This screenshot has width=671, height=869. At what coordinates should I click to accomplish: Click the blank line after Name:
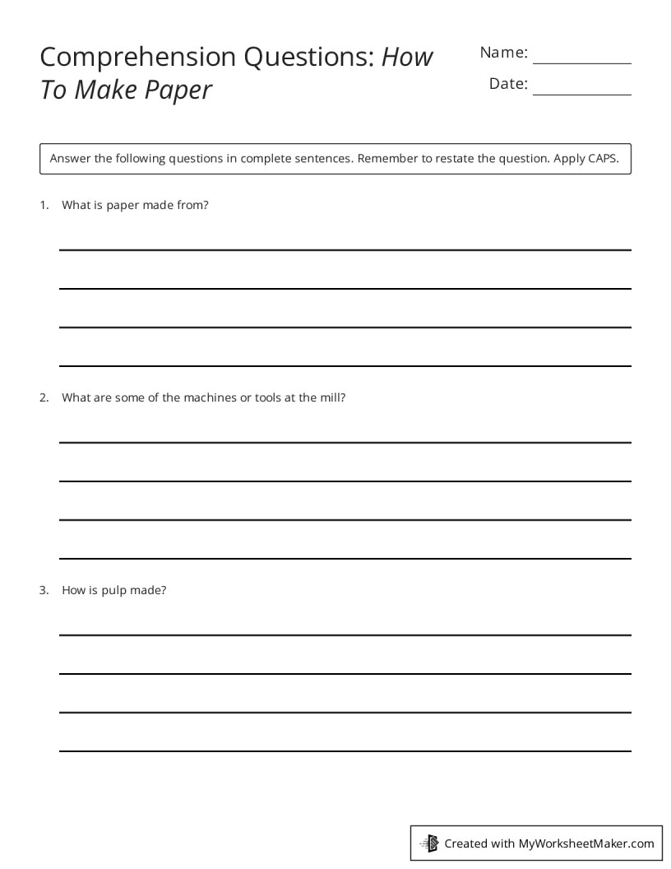tap(582, 63)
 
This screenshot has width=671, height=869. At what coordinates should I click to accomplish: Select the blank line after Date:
tap(582, 94)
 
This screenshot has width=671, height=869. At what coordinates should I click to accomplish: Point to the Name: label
tap(503, 53)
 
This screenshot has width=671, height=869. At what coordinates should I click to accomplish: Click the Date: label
tap(508, 83)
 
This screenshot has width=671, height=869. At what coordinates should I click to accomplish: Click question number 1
tap(44, 206)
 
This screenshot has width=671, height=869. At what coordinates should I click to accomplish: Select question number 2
tap(44, 397)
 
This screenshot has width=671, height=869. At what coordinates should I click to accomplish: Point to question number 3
tap(44, 590)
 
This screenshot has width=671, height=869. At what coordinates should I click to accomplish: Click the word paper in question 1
tap(123, 206)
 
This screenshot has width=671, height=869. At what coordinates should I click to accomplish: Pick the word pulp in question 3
tap(112, 590)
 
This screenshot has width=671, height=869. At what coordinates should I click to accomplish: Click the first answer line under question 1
tap(345, 249)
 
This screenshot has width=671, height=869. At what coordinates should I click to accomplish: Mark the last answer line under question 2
tap(345, 559)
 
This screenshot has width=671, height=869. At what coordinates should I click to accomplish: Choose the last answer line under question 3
tap(345, 750)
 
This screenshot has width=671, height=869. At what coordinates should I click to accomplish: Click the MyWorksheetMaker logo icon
tap(429, 843)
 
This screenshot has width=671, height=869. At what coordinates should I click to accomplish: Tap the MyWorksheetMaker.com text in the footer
tap(585, 843)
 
